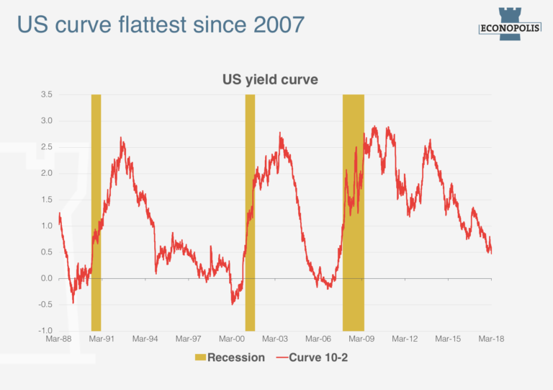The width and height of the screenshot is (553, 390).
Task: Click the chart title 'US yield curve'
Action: click(x=269, y=80)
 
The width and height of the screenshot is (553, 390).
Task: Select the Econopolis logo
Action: click(x=509, y=22)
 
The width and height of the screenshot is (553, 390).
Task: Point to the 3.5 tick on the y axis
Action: click(x=46, y=94)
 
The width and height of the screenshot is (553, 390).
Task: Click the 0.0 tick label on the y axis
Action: click(x=46, y=278)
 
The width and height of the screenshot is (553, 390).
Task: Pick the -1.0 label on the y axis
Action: click(x=45, y=330)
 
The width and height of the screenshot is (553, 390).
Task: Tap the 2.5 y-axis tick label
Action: click(x=46, y=147)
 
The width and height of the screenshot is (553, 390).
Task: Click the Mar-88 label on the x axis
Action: click(x=58, y=339)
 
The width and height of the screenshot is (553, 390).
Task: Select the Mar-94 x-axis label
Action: click(x=145, y=339)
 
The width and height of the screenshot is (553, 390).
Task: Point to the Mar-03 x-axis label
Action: click(x=275, y=339)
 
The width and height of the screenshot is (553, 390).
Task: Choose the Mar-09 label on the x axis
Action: click(x=361, y=339)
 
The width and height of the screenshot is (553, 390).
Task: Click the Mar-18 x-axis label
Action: click(x=491, y=339)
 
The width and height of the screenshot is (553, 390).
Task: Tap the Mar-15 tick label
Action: click(x=448, y=339)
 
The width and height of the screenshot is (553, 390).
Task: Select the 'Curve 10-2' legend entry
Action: click(x=314, y=358)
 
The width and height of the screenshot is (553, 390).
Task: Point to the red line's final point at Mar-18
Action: click(x=491, y=252)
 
